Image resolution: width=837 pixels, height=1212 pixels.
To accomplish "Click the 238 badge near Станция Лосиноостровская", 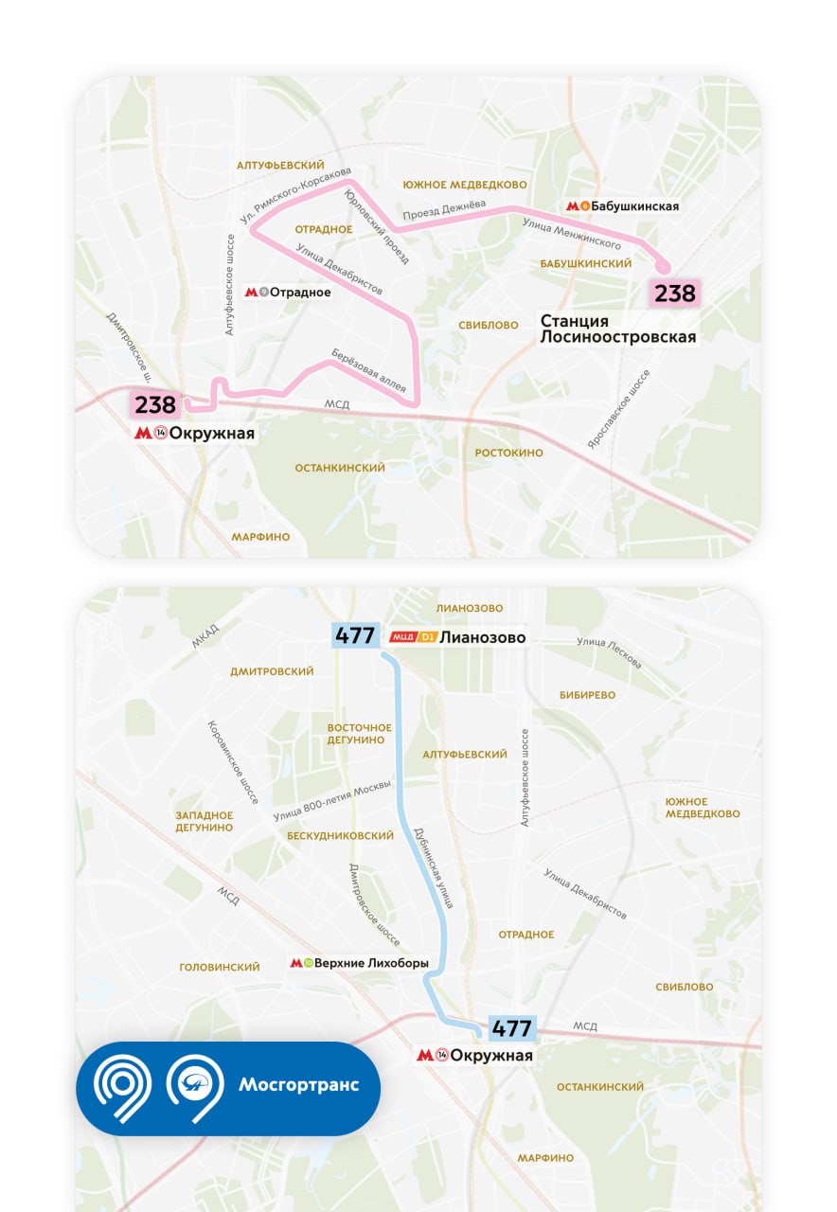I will coord(675,294).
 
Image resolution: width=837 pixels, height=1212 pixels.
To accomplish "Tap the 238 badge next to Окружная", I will coord(155,405).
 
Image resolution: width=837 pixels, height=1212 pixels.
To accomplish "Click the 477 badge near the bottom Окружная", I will coord(512,1028).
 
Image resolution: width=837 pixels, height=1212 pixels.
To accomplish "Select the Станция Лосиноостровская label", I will coord(617,330).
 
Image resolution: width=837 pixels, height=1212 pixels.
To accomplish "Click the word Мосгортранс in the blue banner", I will coord(298,1085).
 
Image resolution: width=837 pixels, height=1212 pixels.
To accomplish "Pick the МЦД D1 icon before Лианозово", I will coord(412,638).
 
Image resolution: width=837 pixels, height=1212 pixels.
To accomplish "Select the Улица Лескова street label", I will coord(609,652).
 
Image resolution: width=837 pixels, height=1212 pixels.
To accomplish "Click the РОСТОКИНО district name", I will coord(509,453).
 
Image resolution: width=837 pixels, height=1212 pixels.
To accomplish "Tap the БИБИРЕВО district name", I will coord(587,695).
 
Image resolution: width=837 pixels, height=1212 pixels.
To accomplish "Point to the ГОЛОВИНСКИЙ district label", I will coord(220,968).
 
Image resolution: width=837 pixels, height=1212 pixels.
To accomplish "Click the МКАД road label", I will coord(205,636).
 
